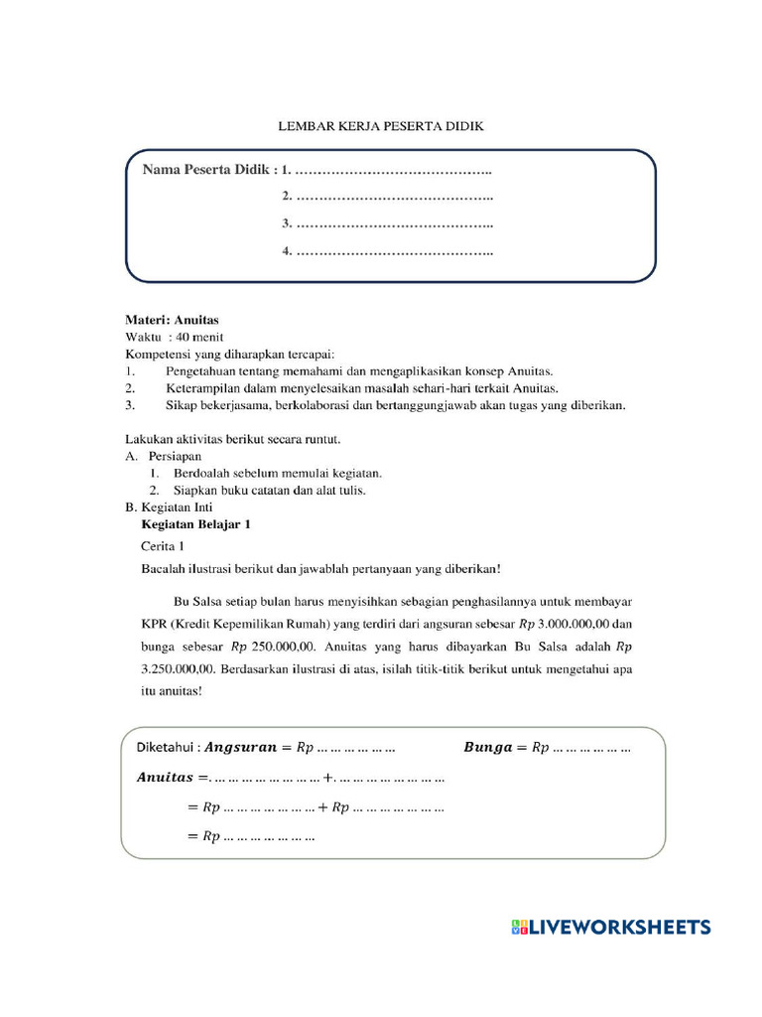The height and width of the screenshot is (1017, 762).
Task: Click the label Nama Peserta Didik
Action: tap(205, 171)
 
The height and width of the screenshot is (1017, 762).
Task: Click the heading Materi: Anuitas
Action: tap(171, 320)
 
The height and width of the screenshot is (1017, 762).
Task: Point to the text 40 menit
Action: tap(203, 337)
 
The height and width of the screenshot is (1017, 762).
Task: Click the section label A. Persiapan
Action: tap(163, 456)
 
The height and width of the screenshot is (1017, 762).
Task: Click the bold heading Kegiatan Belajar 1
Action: tap(202, 524)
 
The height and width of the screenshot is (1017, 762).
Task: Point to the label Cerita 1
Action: tap(163, 546)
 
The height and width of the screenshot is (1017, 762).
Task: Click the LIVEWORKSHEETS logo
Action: tap(611, 927)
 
